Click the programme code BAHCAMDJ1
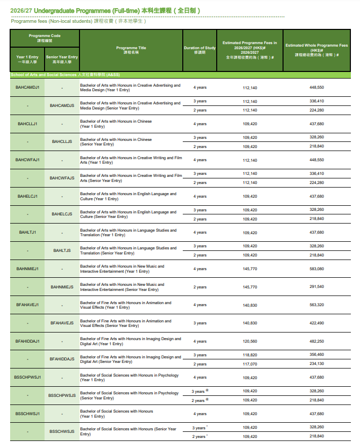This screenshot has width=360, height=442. (x=27, y=87)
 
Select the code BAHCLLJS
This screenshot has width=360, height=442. (x=62, y=141)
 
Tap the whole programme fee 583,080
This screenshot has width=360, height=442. (x=316, y=269)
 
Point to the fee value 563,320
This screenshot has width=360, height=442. (x=316, y=305)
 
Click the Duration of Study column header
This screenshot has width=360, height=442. (x=199, y=50)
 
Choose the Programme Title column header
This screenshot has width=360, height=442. (x=131, y=50)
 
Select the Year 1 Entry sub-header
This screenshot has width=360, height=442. (x=27, y=59)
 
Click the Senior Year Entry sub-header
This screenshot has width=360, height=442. (x=62, y=59)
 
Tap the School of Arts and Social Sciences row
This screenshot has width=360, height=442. (x=65, y=75)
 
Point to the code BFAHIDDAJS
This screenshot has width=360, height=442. (x=62, y=359)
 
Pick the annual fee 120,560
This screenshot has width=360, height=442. (x=250, y=341)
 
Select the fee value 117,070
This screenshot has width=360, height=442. (x=250, y=364)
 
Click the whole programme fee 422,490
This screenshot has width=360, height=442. (x=316, y=323)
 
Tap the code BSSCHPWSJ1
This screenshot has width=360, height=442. (x=27, y=377)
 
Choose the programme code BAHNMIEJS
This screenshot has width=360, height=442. (x=62, y=287)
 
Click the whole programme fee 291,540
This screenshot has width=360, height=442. (x=316, y=287)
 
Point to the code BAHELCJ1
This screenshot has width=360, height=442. (x=27, y=196)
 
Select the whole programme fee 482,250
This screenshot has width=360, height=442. (x=316, y=341)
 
